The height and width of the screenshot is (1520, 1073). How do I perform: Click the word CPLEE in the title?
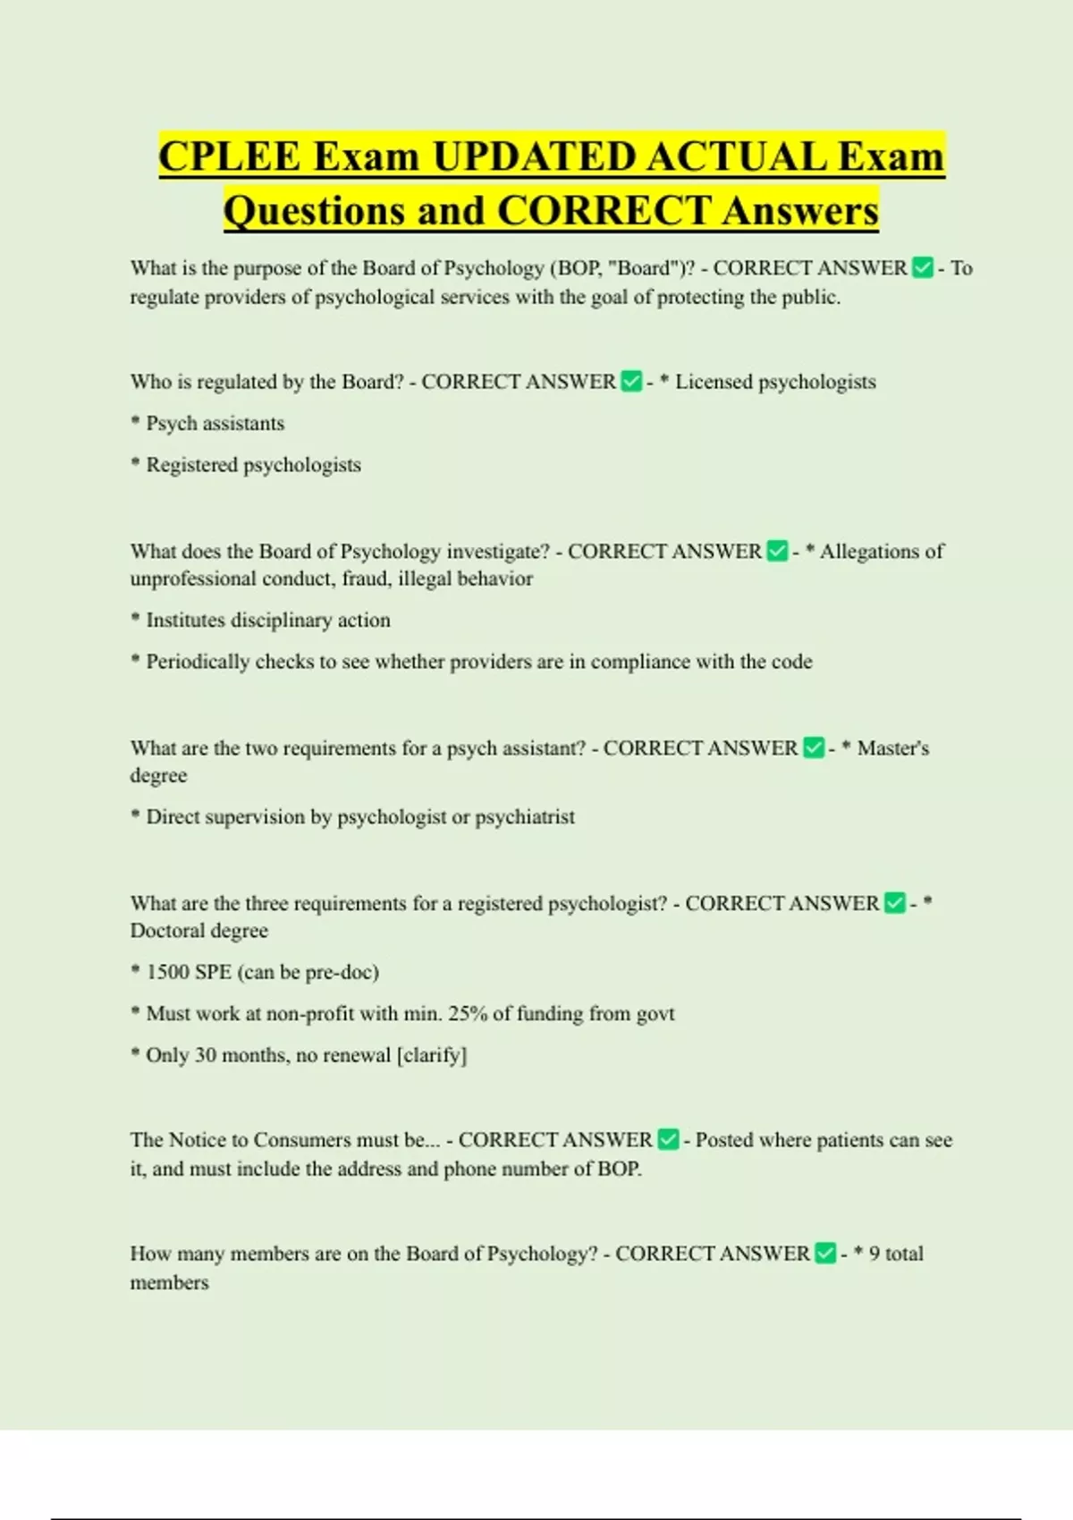pos(229,157)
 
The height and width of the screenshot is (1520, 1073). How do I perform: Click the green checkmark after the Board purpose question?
pos(923,268)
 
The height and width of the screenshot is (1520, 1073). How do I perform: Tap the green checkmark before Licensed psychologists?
pos(631,382)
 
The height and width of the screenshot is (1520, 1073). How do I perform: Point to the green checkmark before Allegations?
pos(778,552)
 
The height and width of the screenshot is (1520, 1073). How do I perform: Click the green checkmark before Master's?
pos(814,748)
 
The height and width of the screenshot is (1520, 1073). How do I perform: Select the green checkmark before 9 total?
pos(826,1254)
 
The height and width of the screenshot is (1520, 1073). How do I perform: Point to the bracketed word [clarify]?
pos(432,1055)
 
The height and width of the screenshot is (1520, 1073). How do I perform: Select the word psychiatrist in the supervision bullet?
pos(525,816)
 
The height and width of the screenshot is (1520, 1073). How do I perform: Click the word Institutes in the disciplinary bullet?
pos(185,620)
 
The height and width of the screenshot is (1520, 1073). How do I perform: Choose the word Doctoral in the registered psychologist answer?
pos(166,931)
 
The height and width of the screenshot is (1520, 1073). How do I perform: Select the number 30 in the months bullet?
pos(206,1055)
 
